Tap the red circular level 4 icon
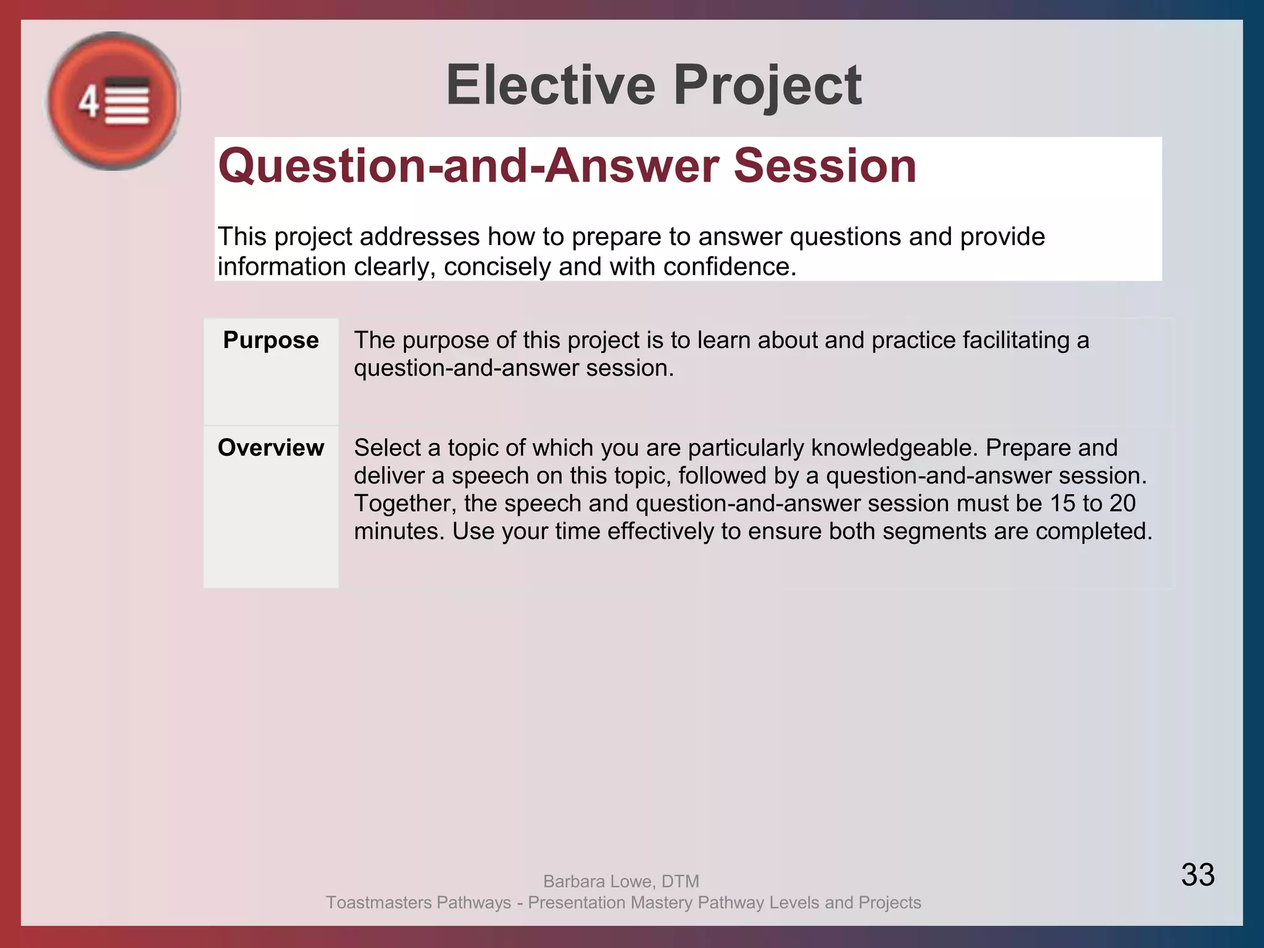114,101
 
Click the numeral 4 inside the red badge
88,101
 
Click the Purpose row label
271,340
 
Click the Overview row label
271,447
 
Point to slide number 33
1197,875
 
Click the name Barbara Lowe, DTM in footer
621,881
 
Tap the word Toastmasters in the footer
379,902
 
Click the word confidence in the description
730,267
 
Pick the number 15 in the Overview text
1063,503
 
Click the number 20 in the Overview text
1122,503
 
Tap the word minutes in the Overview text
399,531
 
